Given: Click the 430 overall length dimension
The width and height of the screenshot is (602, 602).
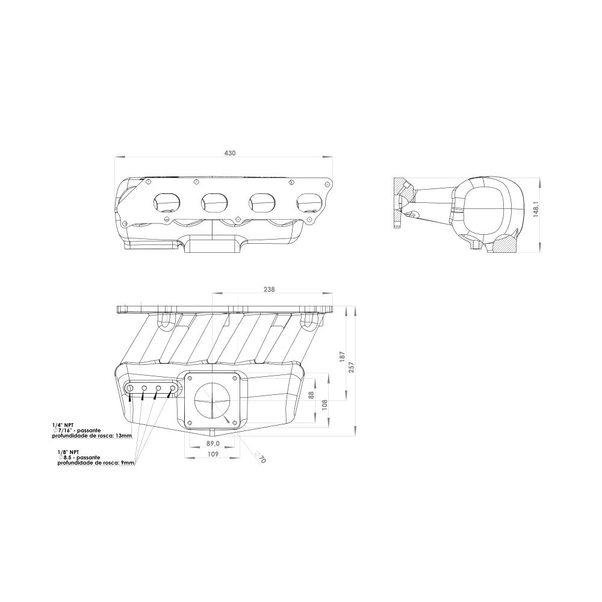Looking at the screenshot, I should point(230,154).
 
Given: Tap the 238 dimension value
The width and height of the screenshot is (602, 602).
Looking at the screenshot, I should point(269,290).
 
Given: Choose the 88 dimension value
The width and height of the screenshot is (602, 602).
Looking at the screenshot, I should point(311,395).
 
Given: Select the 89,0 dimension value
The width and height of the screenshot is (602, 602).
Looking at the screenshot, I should point(213,443).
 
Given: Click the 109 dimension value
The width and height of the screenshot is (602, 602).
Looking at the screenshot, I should point(213,455).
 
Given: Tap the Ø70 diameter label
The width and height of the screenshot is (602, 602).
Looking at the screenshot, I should point(260,458).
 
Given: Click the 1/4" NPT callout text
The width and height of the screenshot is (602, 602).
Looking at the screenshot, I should point(63,424).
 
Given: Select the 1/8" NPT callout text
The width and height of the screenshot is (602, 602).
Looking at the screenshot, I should point(68,451).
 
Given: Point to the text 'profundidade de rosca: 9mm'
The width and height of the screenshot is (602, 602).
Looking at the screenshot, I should point(96,464).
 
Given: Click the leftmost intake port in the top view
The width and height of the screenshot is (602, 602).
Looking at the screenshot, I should point(166,203).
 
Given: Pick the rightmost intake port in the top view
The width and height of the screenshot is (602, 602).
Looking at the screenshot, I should point(309,203).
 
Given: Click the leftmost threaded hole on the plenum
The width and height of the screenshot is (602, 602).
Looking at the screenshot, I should point(130,389).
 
